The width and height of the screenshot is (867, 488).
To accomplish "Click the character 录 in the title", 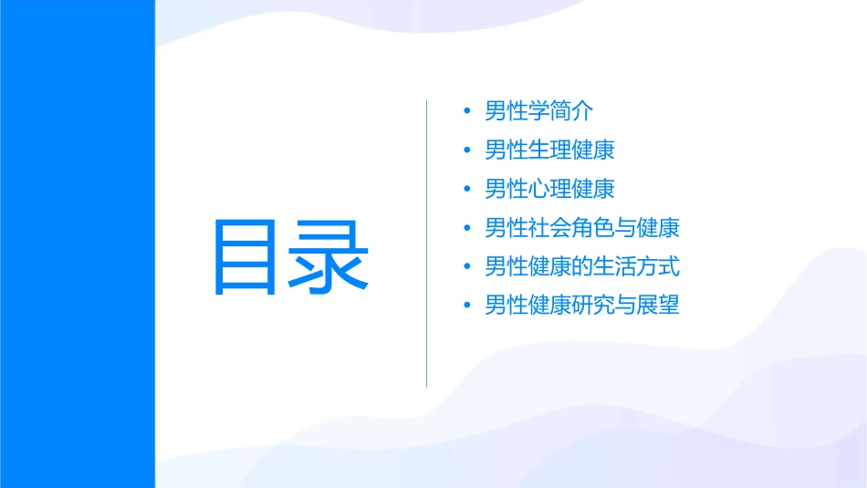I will coord(330,256).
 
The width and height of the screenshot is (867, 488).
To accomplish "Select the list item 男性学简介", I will coord(539,111).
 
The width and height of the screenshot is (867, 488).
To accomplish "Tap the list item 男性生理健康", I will coord(549,150).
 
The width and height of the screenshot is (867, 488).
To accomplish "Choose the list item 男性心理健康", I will coord(549,189).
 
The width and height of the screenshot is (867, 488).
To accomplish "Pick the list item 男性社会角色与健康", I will coord(582,228).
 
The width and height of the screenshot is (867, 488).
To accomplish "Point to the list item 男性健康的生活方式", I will coord(582,266).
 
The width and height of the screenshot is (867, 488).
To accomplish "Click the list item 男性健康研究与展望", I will coord(582,306).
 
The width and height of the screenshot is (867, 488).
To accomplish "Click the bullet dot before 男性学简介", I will coord(467,112).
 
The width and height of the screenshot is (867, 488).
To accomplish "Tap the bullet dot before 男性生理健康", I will coord(467,151).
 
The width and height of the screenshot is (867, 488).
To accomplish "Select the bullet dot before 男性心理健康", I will coord(467,190).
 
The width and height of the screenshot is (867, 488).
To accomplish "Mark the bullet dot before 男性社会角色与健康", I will coord(467,228).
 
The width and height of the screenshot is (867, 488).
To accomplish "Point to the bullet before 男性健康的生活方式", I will coord(467,267).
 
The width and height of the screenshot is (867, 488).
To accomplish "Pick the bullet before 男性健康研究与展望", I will coord(467,306).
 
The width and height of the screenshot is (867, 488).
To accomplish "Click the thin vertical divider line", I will coord(426,243).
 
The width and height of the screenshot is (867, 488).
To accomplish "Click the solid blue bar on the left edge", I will coord(77,244).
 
